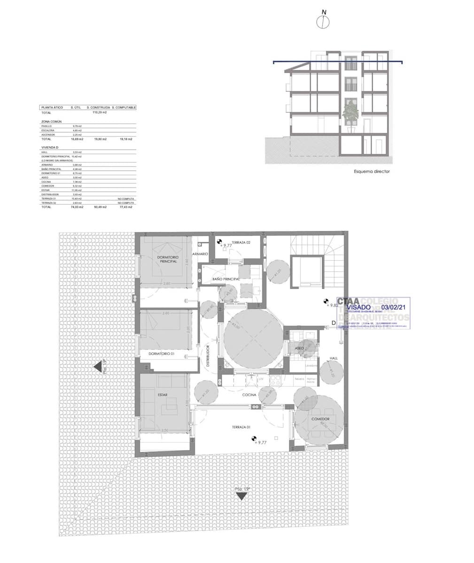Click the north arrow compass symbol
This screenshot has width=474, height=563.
[324, 21]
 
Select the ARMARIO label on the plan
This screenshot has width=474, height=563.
[200, 253]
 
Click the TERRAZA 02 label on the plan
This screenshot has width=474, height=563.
[241, 242]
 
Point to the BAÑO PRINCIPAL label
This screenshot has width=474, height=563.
[226, 279]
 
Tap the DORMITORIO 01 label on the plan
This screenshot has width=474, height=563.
[161, 353]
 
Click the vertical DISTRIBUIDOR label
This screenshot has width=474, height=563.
[207, 357]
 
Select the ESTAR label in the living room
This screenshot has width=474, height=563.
[162, 395]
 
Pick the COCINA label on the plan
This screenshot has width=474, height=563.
[249, 395]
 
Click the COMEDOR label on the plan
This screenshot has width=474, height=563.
[320, 419]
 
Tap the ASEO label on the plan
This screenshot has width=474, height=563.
[299, 349]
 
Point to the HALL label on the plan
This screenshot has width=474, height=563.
[334, 358]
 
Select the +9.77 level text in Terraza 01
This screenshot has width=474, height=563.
[260, 442]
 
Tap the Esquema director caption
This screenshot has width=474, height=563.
[372, 172]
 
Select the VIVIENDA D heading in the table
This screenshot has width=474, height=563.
[49, 148]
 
